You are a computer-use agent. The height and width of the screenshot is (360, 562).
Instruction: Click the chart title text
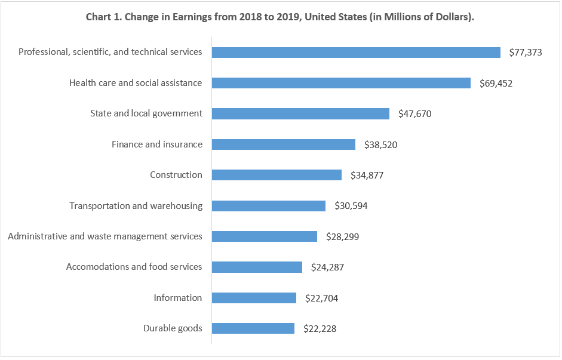pos(280,17)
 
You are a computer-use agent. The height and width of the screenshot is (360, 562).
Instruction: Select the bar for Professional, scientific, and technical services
pos(356,53)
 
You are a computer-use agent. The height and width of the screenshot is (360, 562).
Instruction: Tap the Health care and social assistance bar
pos(341,83)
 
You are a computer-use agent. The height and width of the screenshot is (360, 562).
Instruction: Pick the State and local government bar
pos(300,113)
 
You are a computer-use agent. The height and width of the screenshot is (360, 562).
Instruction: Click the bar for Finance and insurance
pos(284,144)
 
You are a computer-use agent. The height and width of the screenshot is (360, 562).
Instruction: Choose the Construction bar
pos(277,175)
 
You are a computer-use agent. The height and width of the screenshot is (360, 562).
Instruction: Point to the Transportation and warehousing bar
pos(269,206)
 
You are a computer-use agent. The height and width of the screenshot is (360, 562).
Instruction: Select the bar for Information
pos(254,298)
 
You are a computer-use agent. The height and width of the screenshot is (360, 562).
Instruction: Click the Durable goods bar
pos(253,328)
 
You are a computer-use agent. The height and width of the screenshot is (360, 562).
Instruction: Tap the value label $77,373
pos(526,53)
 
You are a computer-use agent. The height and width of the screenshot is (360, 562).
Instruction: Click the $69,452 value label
pos(496,84)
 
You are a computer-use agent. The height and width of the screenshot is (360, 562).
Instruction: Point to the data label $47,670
pos(414,114)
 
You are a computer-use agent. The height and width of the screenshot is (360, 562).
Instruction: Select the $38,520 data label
pos(380,144)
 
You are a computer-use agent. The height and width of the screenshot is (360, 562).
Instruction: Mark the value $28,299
pos(342,237)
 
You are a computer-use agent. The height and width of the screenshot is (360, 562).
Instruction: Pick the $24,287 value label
pos(327,267)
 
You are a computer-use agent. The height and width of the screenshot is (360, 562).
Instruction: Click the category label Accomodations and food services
pos(134,267)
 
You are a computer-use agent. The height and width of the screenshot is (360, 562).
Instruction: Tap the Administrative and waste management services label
pos(105,236)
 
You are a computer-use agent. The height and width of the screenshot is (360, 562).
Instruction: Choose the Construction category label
pos(176,175)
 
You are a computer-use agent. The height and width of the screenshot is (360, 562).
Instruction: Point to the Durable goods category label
pos(173,328)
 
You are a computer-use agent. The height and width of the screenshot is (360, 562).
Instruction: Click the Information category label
pos(178,298)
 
